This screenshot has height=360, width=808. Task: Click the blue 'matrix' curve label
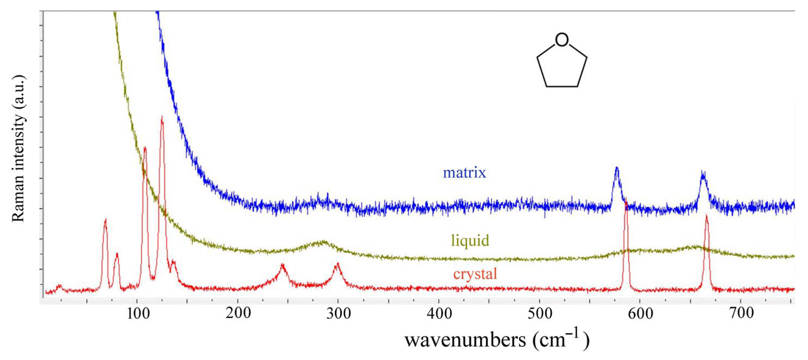coord(464,173)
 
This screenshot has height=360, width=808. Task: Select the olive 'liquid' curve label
coord(470,240)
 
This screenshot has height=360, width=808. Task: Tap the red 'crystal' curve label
coord(475,274)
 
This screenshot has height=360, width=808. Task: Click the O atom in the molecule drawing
coord(561,40)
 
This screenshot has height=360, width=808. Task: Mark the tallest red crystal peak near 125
coord(162,117)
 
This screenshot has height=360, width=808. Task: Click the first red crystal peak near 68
coord(105,219)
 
